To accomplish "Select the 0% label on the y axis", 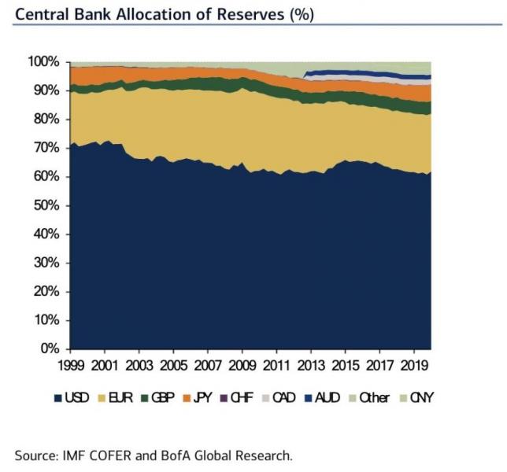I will (x=50, y=348).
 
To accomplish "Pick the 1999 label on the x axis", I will (x=72, y=367).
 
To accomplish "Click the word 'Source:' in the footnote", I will (x=38, y=454).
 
